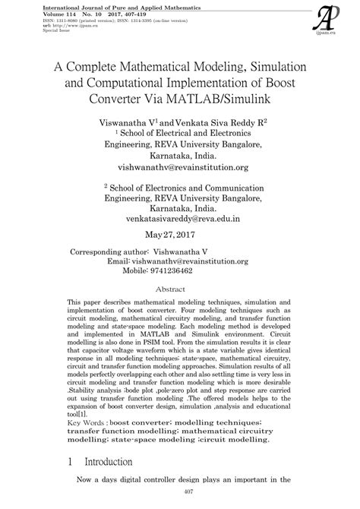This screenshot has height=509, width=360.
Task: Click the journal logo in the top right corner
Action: [x=328, y=17]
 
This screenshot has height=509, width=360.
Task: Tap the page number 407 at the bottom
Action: [x=179, y=496]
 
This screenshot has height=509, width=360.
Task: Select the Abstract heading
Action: [x=179, y=289]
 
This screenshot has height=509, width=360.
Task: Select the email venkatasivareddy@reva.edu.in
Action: [x=179, y=217]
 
